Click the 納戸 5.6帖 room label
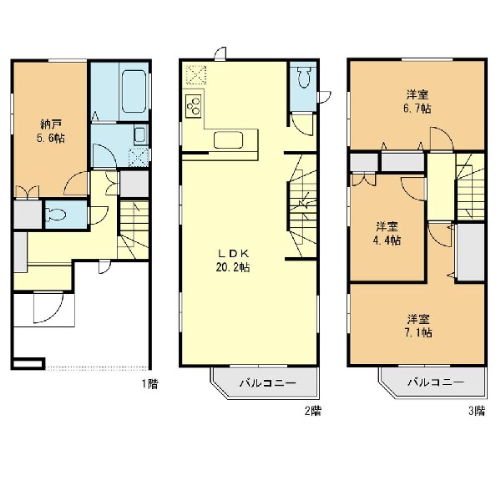coord(50,131)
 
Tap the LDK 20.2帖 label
coord(233,261)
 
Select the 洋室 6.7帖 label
coord(417,102)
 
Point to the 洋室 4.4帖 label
coord(387,234)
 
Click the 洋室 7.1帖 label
coord(418,326)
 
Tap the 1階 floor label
coord(149,383)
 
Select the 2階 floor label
coord(312,410)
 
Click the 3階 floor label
coord(477,410)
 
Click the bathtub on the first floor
coord(134,91)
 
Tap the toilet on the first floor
coord(56,214)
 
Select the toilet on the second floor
coord(303,77)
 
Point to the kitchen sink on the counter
coord(228,140)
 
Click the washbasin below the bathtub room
coord(139,134)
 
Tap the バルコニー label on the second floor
coord(268,382)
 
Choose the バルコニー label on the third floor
coord(435,382)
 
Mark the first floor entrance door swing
coord(48,307)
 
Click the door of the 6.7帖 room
coord(442,138)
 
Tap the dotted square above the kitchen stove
coord(196,74)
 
